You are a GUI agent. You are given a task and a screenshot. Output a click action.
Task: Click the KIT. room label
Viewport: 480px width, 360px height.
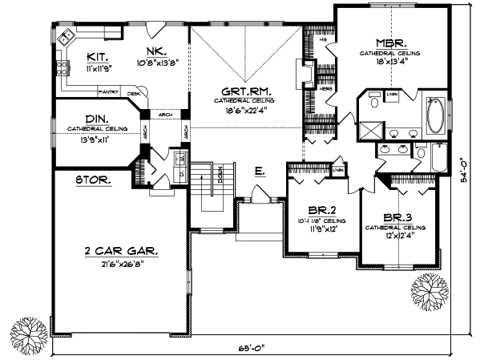click(99, 58)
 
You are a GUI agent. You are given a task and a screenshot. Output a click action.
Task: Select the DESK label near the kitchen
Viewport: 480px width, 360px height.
click(134, 94)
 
